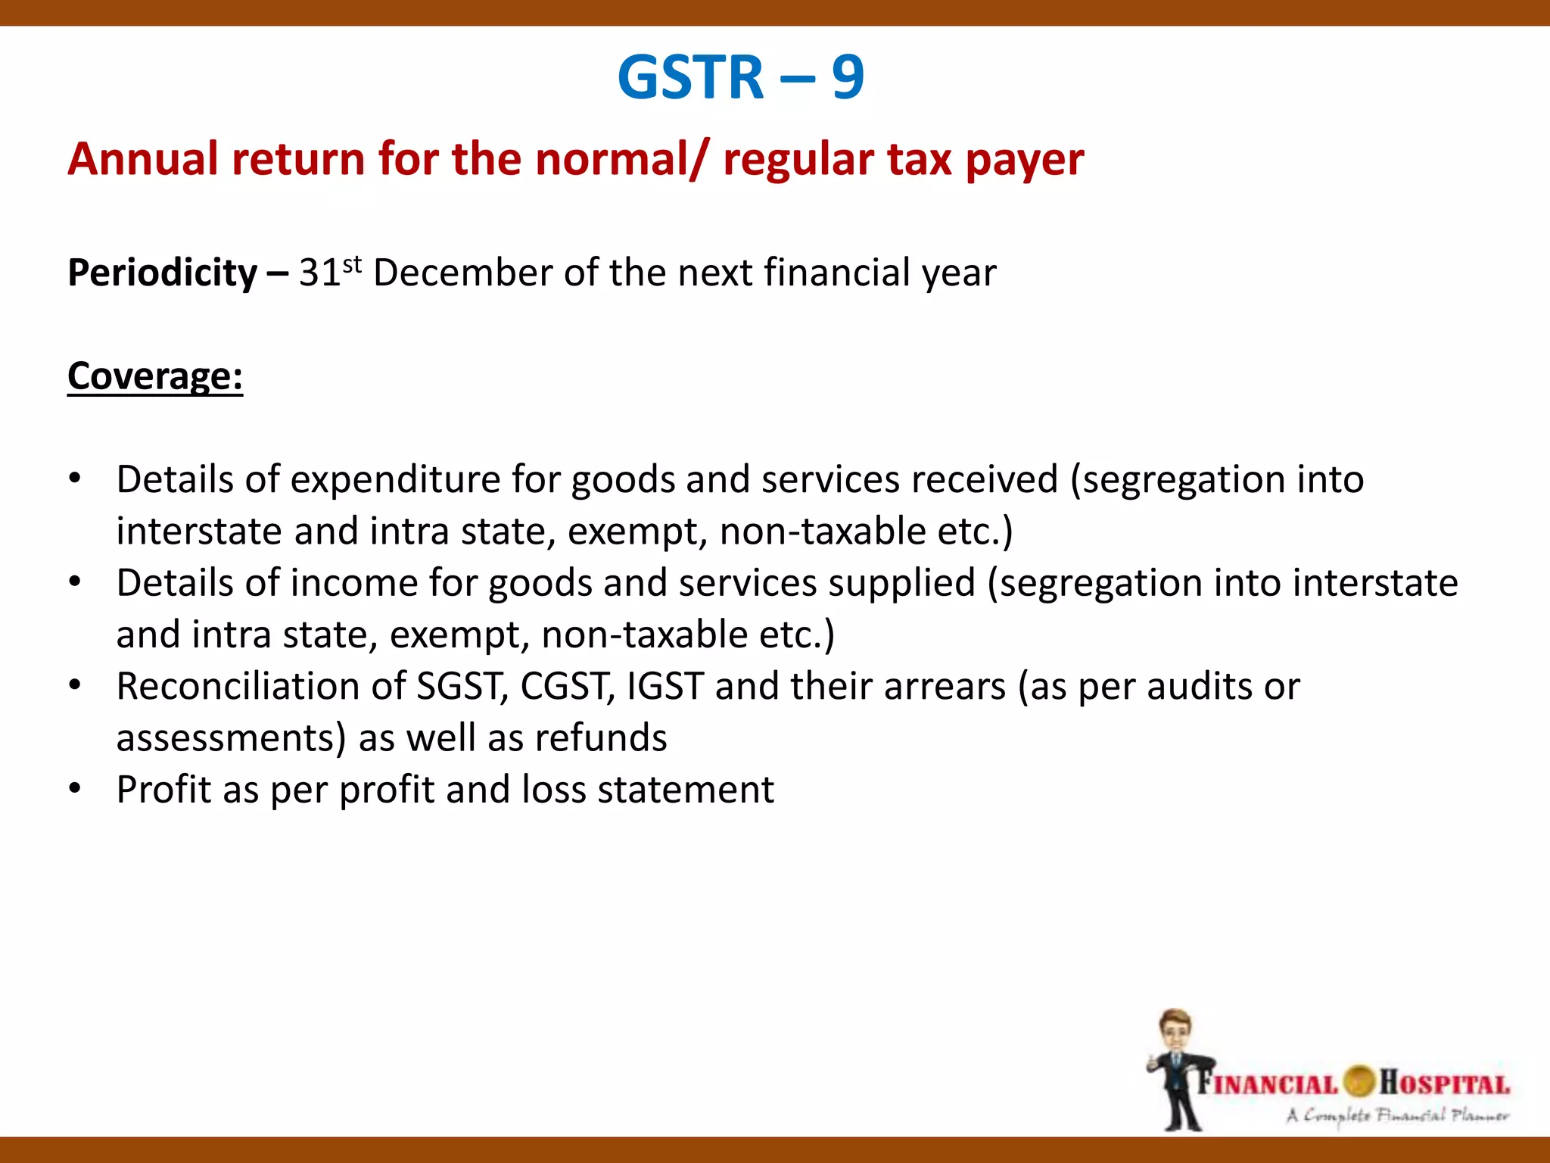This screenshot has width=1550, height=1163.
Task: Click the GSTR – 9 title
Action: click(740, 77)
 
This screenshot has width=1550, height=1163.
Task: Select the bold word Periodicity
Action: click(162, 273)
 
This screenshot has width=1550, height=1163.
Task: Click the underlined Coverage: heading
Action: click(155, 376)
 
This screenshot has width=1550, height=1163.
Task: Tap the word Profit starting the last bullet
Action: click(163, 790)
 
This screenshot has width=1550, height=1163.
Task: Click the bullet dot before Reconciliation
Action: click(74, 685)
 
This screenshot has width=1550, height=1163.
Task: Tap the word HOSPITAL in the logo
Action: click(1444, 1083)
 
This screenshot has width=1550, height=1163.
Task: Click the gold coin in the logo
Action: click(1359, 1081)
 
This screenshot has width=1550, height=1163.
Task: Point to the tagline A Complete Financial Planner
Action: click(1397, 1115)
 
